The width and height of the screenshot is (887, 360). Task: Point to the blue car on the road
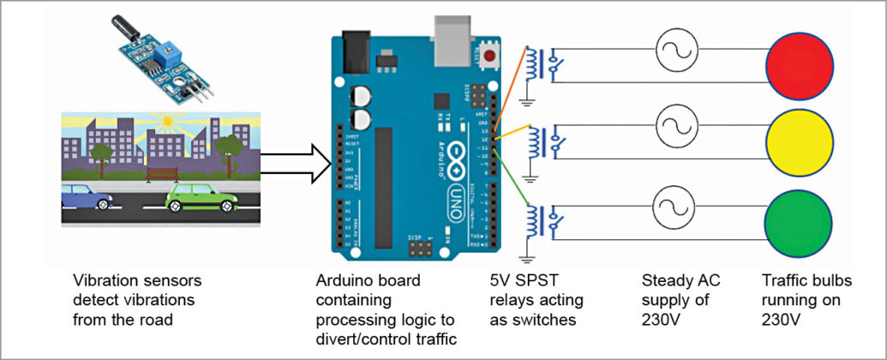click(x=87, y=201)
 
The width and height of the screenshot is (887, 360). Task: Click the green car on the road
click(x=198, y=201)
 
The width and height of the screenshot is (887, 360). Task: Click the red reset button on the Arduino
click(x=489, y=57)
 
